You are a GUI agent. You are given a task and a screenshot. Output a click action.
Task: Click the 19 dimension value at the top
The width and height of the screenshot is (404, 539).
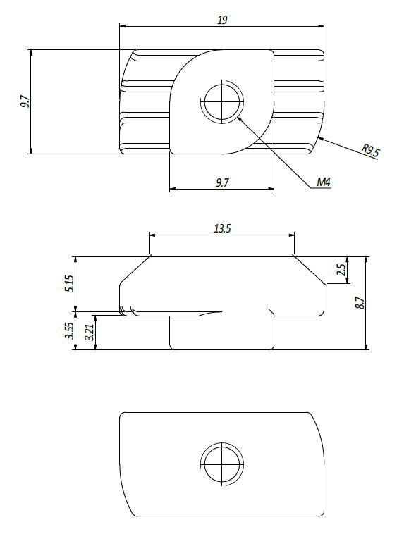coord(222,20)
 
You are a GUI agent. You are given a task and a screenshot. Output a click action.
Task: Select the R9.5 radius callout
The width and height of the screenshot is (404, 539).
coord(371,151)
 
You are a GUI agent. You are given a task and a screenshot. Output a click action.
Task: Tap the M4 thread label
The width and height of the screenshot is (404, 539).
coord(324,182)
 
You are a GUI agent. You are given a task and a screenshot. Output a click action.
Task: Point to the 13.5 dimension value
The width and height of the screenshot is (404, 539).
coord(222,228)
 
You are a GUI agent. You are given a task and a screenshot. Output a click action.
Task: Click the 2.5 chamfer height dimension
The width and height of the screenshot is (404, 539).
coord(341,270)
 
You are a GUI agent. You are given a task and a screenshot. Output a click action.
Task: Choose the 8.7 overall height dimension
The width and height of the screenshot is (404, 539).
coord(360,303)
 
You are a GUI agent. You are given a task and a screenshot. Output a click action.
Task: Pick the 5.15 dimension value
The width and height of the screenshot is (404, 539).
coord(69,284)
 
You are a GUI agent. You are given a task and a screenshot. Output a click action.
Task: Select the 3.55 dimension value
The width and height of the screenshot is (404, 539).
coord(69,330)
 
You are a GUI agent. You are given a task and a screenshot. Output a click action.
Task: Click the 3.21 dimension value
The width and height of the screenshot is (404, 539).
coord(89,333)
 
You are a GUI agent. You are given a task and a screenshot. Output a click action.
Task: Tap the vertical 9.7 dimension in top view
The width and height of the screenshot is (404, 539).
coord(25,101)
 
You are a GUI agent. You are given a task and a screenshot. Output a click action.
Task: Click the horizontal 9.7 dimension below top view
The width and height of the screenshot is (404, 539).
coord(222,182)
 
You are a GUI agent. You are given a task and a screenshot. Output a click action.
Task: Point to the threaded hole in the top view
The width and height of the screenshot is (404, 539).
coord(222,102)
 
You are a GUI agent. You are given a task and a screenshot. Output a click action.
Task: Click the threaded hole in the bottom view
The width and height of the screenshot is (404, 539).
coord(222,464)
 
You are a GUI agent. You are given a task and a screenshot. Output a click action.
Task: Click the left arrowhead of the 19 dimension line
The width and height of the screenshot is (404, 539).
coord(123,26)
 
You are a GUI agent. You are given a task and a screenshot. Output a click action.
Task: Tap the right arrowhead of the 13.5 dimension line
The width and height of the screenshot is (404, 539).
coord(291,235)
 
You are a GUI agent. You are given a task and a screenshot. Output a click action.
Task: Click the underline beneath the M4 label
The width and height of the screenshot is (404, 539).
coord(320,188)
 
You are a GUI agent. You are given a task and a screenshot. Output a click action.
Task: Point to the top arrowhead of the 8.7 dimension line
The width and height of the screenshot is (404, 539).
coord(366,260)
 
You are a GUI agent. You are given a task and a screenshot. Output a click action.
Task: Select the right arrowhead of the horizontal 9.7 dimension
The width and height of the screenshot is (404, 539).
coord(271,189)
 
